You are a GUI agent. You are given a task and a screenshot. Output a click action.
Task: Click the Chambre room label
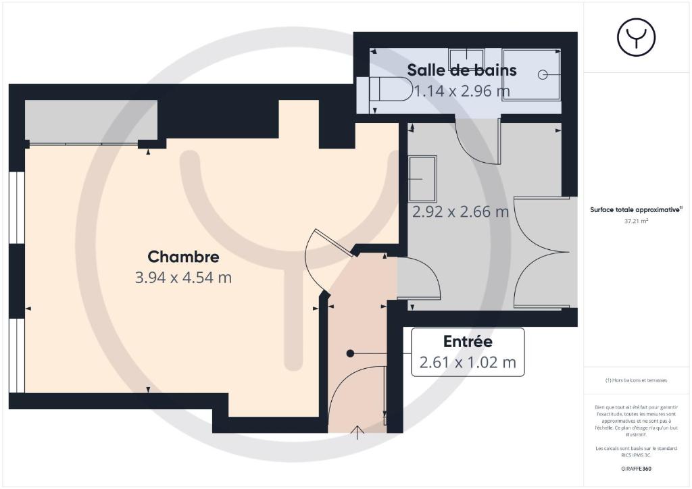(183, 257)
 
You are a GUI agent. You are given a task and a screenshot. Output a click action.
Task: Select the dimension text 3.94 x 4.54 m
(183, 278)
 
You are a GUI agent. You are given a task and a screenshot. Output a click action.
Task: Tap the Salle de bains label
(462, 70)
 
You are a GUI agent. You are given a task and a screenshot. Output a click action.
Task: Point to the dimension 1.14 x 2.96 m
(462, 91)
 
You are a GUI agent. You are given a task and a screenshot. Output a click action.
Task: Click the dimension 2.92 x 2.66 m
(460, 211)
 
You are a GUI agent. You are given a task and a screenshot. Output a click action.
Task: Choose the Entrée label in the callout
(468, 341)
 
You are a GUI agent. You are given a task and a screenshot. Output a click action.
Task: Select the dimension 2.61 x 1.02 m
(468, 362)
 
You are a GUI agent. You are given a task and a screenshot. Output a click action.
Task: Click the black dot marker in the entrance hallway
(351, 353)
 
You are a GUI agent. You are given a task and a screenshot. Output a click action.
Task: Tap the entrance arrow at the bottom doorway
(357, 432)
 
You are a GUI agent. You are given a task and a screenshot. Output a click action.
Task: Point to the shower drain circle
(543, 75)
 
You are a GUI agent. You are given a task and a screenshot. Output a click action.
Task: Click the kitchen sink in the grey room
(422, 179)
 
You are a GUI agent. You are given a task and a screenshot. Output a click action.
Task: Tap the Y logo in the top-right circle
(637, 37)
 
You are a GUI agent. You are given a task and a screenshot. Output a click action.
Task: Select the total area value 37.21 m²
(636, 221)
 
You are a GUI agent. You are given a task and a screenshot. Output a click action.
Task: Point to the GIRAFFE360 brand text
(636, 469)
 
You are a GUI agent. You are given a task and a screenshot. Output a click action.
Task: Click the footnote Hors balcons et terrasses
(636, 380)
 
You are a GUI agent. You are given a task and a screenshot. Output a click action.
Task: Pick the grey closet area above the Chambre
(91, 121)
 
